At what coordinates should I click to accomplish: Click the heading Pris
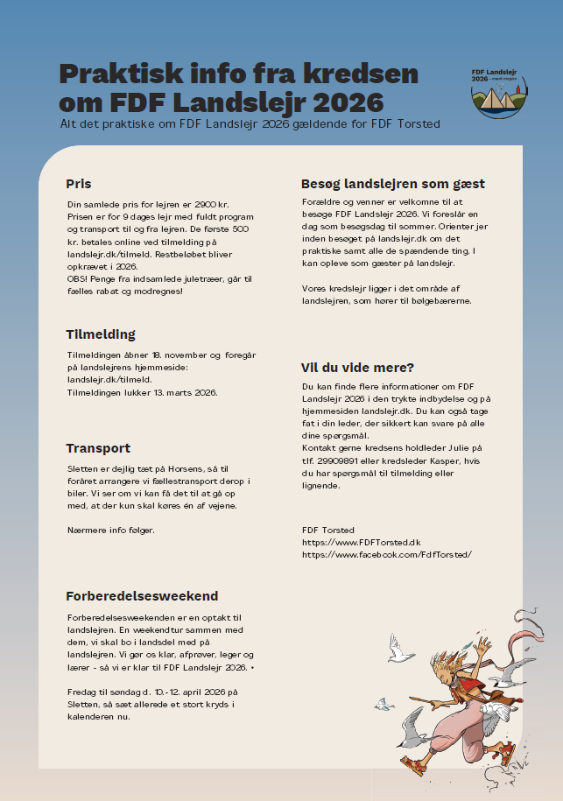pyautogui.click(x=79, y=184)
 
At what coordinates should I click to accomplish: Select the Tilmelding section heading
pyautogui.click(x=101, y=334)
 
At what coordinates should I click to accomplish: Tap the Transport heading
pyautogui.click(x=98, y=448)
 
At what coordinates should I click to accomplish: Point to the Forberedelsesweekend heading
pyautogui.click(x=142, y=596)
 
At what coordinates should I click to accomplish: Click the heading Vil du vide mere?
pyautogui.click(x=357, y=367)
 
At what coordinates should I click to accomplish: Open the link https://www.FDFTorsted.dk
pyautogui.click(x=361, y=542)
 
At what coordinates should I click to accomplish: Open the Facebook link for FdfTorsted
pyautogui.click(x=386, y=554)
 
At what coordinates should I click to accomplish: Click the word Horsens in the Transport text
pyautogui.click(x=192, y=469)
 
